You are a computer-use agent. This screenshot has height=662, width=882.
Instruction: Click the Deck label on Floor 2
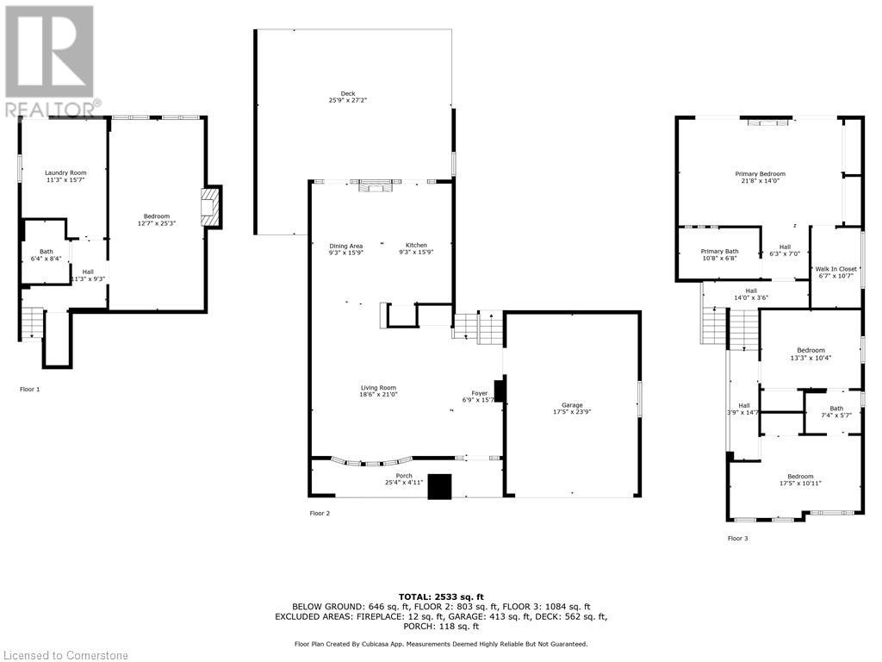tap(347, 94)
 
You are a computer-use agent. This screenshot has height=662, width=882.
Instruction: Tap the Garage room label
tap(572, 405)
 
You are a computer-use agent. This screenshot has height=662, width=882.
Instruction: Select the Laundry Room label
tap(66, 172)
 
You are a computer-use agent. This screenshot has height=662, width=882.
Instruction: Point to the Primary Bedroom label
tap(760, 173)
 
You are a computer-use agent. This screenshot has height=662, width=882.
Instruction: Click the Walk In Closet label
tap(836, 269)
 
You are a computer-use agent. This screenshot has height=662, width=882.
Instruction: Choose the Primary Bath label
tap(719, 251)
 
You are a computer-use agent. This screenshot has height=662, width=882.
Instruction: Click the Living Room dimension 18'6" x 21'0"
tap(378, 395)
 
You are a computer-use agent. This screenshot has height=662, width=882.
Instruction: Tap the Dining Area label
tap(346, 246)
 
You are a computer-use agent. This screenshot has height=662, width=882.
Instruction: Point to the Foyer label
tap(480, 393)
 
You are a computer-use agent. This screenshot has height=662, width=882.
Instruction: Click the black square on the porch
tap(440, 487)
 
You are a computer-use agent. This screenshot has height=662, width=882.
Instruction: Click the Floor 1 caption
tap(30, 390)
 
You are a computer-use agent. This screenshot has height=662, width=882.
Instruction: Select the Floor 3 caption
tap(738, 539)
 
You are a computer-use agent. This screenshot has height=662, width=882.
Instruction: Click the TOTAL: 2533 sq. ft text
tap(441, 596)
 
